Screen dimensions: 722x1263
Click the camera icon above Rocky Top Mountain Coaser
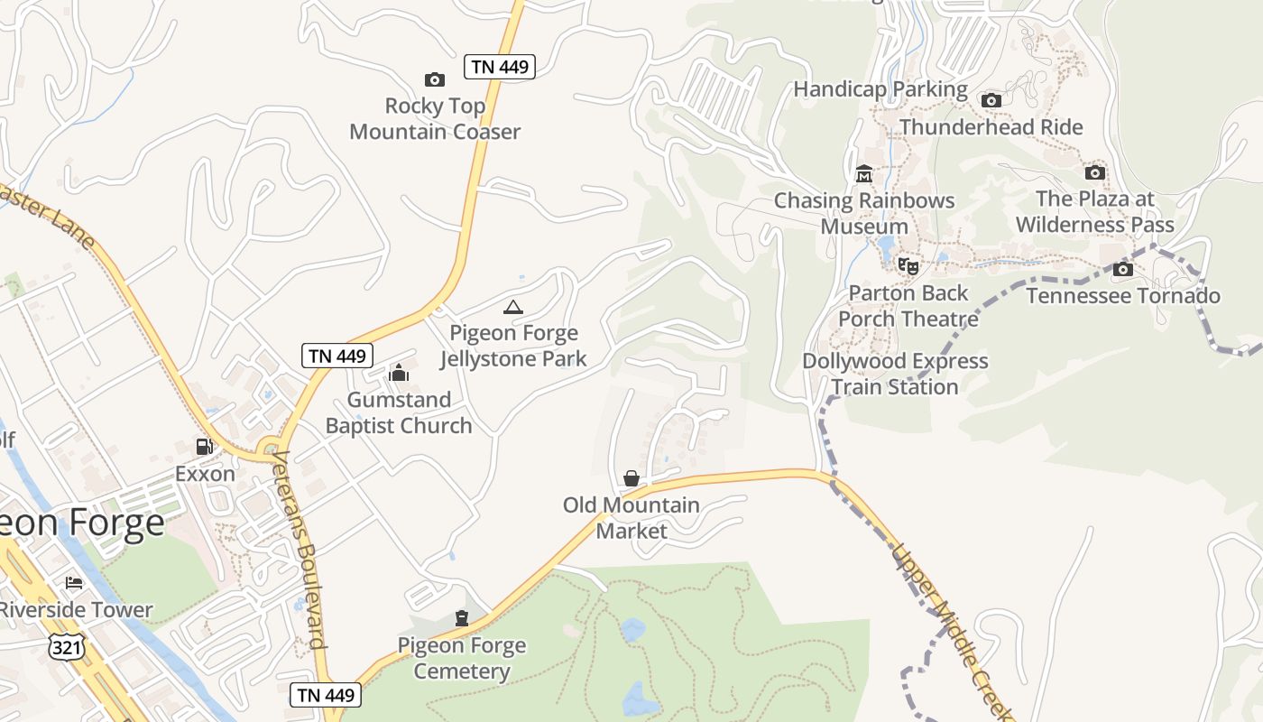point(435,80)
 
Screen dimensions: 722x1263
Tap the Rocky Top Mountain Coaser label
point(435,119)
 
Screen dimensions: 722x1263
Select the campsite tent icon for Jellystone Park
point(513,308)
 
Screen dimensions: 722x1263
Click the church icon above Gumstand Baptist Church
point(398,373)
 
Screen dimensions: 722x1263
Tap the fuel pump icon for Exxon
point(205,447)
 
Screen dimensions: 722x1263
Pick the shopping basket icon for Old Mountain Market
point(631,478)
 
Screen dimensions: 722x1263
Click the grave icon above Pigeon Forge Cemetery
point(462,618)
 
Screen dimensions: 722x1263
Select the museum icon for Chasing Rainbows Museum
point(864,173)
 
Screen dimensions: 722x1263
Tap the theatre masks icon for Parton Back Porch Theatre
point(908,266)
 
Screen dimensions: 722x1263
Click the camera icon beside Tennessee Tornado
point(1123,269)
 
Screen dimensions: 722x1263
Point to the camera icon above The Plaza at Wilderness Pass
point(1094,172)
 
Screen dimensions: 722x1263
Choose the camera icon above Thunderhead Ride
point(991,100)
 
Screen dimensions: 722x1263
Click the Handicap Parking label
point(880,89)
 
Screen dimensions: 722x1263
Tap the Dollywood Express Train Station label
point(896,374)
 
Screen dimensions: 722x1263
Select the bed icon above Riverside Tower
point(74,583)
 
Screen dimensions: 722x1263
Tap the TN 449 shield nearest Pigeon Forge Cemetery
point(326,695)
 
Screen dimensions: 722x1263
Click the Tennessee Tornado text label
point(1123,296)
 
